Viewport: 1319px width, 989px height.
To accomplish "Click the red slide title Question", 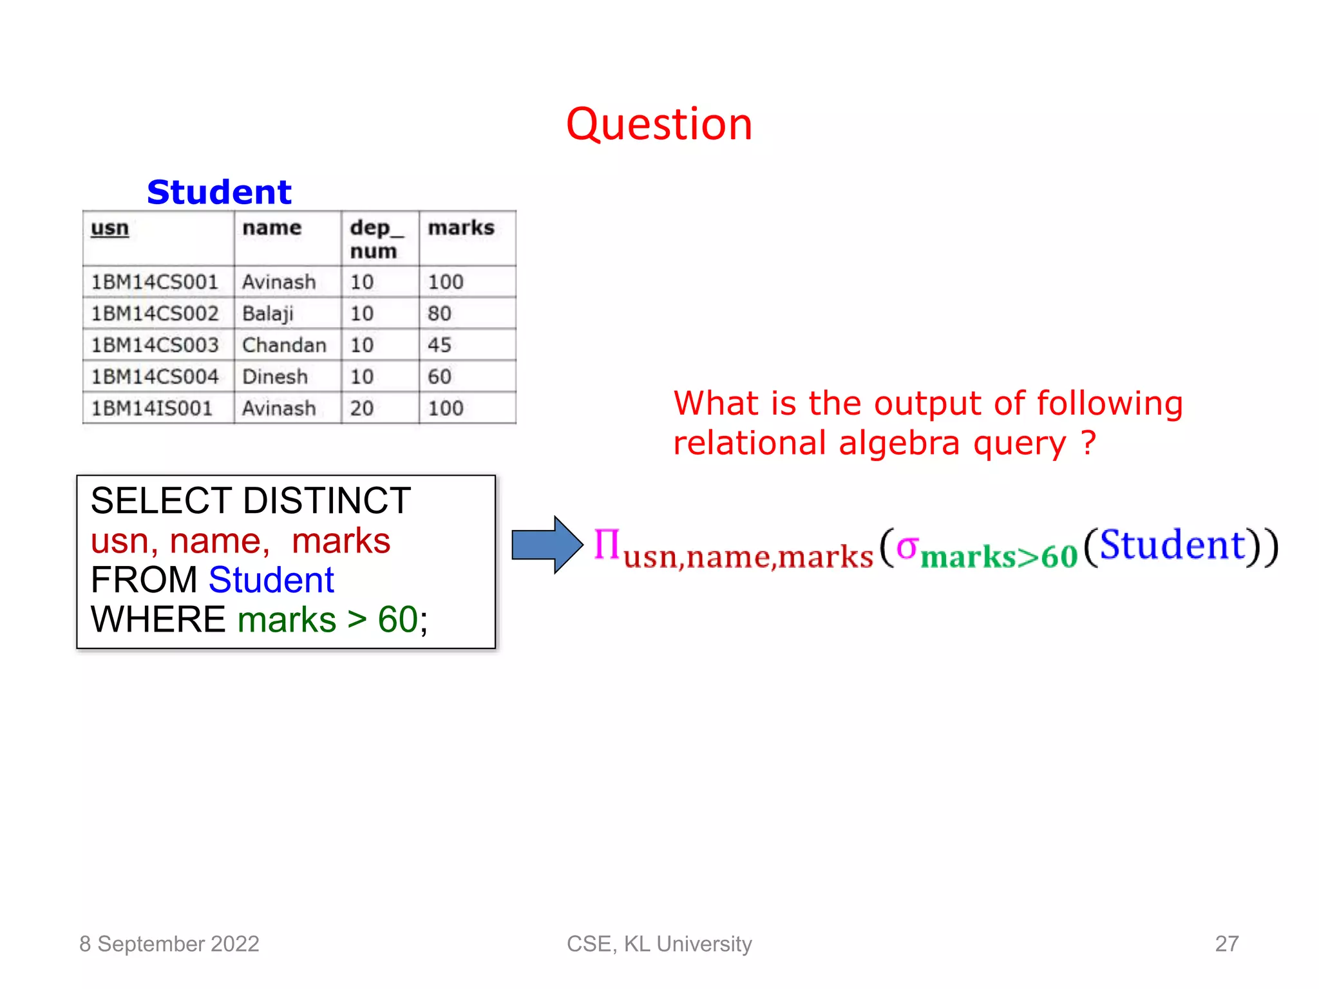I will [x=659, y=124].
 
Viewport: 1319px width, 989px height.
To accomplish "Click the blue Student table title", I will [x=219, y=192].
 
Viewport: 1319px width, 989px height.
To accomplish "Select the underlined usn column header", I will [x=109, y=228].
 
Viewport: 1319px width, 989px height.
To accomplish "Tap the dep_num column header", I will [x=376, y=239].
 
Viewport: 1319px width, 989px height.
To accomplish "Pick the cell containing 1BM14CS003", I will [x=155, y=345].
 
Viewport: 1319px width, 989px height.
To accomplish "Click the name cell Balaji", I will [x=267, y=314].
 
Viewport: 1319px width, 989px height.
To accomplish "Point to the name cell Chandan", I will [x=284, y=345].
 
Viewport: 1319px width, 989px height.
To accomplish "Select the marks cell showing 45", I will [x=439, y=345].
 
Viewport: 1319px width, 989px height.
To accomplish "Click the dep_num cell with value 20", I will [x=362, y=408].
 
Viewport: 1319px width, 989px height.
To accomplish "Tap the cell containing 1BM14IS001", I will [x=151, y=408].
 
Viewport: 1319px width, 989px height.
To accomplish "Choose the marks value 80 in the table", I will [x=439, y=314].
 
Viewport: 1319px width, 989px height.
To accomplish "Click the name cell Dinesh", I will [x=275, y=377].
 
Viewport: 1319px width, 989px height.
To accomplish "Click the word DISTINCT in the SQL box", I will [x=327, y=501].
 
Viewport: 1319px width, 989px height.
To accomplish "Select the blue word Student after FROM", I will [x=271, y=580].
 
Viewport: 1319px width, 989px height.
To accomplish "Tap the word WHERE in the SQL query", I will [x=158, y=619].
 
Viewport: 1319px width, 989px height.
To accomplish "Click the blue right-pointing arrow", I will [x=546, y=545].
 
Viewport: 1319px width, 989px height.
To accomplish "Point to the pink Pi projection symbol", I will [x=606, y=545].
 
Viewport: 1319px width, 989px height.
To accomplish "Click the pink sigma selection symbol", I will [x=907, y=547].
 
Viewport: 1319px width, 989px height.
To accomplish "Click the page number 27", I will [x=1226, y=944].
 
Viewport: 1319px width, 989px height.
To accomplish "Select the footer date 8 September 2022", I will [x=169, y=944].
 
